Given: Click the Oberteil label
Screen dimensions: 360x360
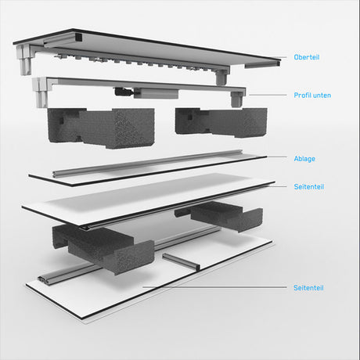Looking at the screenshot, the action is click(307, 57).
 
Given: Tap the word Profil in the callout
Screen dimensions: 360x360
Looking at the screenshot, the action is click(301, 95).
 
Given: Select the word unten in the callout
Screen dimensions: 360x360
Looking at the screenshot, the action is click(322, 95).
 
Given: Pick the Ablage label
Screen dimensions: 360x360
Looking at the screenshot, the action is click(304, 159).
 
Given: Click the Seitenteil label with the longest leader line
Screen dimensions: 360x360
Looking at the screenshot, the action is click(308, 288).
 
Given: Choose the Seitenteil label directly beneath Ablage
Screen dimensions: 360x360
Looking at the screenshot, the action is click(309, 187).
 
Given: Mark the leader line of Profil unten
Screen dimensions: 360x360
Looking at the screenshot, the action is click(268, 95).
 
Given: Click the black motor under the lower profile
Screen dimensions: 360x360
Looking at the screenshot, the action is click(124, 92).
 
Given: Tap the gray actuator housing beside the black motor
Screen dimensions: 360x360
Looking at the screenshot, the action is click(156, 93).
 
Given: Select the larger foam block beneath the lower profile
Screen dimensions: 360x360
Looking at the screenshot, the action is click(101, 128).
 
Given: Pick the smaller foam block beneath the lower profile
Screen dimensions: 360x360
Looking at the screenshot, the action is click(221, 122).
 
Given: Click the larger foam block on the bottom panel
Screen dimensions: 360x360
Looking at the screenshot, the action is click(103, 248).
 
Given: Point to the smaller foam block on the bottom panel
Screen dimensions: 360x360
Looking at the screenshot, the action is click(219, 215).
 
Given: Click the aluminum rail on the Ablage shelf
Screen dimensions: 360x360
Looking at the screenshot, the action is click(147, 164).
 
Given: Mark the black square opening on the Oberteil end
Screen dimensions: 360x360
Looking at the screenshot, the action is click(78, 38).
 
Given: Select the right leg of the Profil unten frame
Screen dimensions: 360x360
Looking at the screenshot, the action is click(237, 99).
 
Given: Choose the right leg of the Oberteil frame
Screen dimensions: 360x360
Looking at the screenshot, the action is click(222, 77).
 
